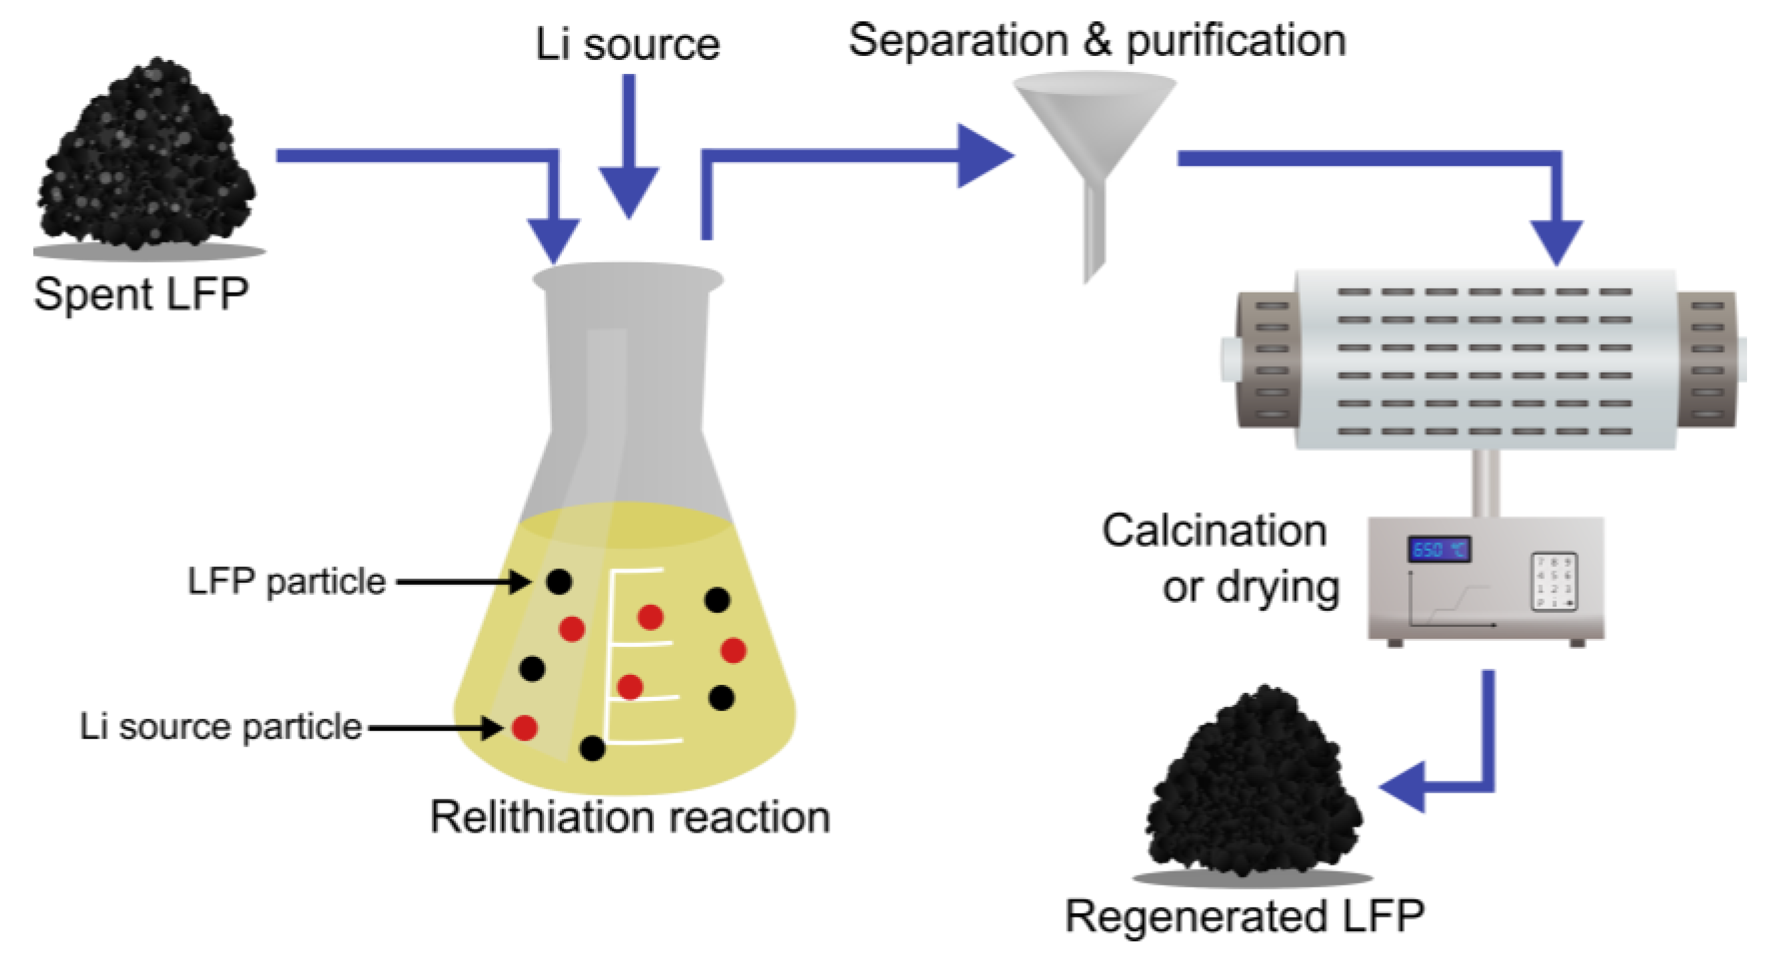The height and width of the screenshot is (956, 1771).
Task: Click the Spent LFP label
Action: click(141, 294)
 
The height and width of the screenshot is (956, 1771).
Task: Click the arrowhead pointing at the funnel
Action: click(983, 156)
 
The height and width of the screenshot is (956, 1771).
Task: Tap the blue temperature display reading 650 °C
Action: click(1438, 550)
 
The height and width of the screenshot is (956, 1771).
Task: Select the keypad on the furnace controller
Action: click(1553, 582)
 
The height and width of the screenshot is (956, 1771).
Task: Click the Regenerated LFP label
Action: click(1244, 915)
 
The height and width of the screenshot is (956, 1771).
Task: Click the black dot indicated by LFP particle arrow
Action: click(559, 582)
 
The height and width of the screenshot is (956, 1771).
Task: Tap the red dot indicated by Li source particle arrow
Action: click(525, 727)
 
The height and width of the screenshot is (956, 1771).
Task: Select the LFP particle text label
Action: click(286, 582)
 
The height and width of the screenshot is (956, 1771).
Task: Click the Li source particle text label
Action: click(220, 726)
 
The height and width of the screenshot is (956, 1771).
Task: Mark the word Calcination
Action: click(1214, 530)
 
